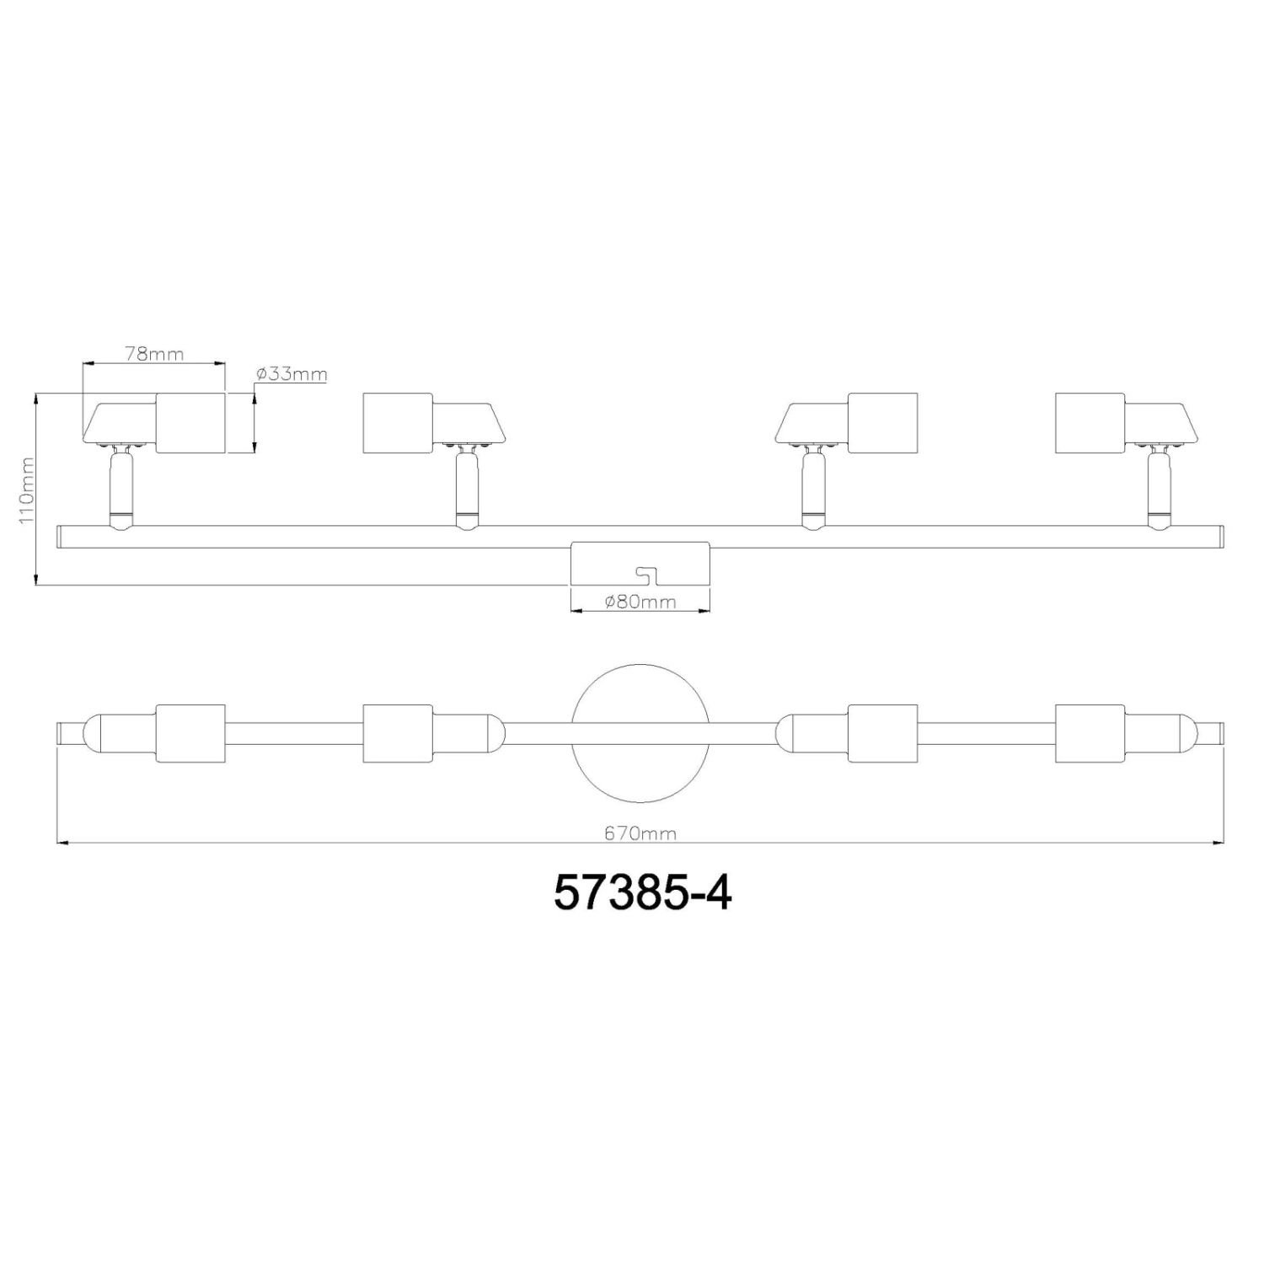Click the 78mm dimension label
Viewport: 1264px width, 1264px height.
pyautogui.click(x=153, y=353)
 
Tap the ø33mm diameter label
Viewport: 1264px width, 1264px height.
pyautogui.click(x=291, y=374)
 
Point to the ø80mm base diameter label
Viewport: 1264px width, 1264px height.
pyautogui.click(x=641, y=602)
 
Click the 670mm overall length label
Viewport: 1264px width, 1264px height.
pyautogui.click(x=640, y=833)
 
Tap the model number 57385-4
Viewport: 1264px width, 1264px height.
pyautogui.click(x=642, y=894)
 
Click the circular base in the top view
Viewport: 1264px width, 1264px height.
pyautogui.click(x=640, y=732)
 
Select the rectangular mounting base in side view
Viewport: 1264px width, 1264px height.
pyautogui.click(x=640, y=562)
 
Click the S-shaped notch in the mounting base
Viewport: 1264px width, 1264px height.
pyautogui.click(x=648, y=573)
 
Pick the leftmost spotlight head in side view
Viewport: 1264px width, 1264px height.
pyautogui.click(x=155, y=423)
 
